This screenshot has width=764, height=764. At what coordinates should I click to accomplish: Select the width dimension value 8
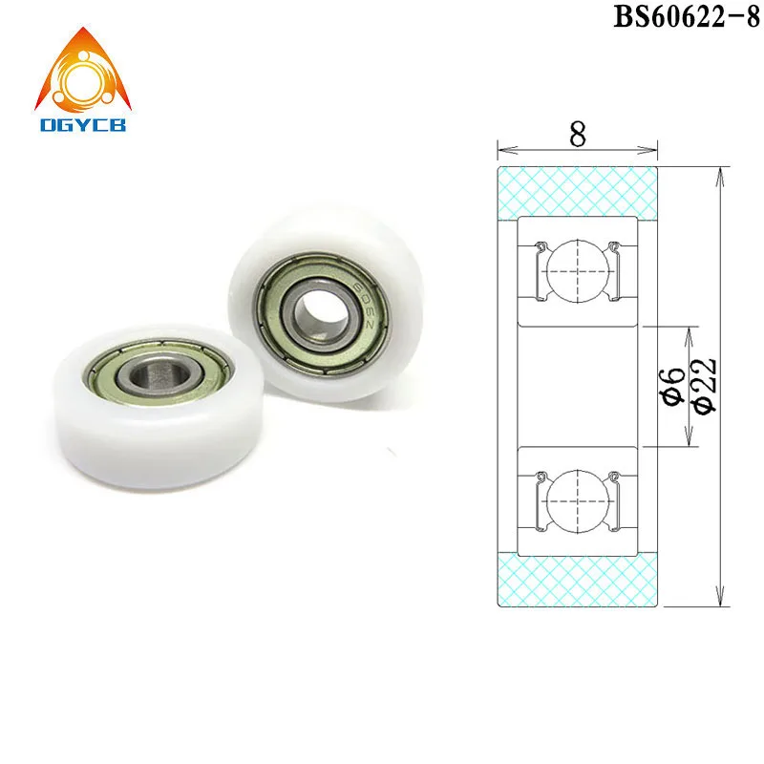578,135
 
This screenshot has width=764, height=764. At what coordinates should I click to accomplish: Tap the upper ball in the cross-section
578,268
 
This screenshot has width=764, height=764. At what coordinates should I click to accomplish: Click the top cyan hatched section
578,190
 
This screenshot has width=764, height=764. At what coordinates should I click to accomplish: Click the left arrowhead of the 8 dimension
501,149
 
